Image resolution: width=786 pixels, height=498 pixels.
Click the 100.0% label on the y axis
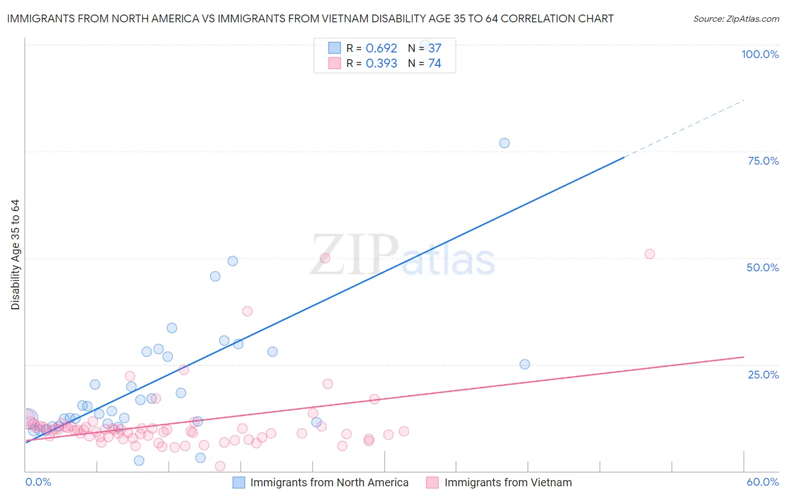[x=760, y=54]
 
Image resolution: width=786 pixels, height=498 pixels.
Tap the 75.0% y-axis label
[x=763, y=161]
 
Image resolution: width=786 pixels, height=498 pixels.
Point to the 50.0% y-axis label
[x=763, y=267]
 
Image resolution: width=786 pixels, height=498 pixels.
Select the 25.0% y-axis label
[x=763, y=375]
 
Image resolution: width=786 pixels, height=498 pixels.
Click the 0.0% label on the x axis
[x=38, y=482]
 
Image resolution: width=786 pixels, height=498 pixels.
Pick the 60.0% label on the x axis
[x=763, y=482]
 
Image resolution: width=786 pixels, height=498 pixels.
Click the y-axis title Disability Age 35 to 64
[x=15, y=255]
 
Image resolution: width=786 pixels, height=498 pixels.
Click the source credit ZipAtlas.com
[x=736, y=19]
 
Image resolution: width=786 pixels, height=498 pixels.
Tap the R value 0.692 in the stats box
[x=381, y=49]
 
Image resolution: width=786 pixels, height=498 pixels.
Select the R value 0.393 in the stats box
[x=381, y=64]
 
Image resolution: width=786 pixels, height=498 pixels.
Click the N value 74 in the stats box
[x=434, y=64]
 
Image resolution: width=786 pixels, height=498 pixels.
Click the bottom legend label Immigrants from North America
[x=329, y=482]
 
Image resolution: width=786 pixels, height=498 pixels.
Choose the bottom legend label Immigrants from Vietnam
[x=508, y=482]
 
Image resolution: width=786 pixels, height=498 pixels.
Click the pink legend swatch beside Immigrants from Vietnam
[x=432, y=482]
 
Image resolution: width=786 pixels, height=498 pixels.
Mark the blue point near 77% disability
[x=504, y=143]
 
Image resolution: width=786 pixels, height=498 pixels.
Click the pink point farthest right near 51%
[x=650, y=254]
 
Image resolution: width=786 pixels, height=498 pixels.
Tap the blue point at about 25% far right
[x=524, y=364]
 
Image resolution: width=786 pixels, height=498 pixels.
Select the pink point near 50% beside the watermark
[x=325, y=258]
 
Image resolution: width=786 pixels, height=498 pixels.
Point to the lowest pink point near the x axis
[x=220, y=466]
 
